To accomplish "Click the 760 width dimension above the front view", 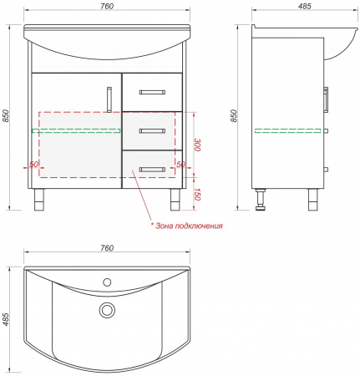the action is (107, 6).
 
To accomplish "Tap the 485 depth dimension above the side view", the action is (305, 6).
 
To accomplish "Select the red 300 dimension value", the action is (197, 145).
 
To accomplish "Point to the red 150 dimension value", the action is (197, 194).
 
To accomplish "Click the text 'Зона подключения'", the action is (189, 226).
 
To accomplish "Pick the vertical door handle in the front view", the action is (109, 99).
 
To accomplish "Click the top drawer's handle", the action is (152, 92).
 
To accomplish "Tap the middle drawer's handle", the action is (152, 131).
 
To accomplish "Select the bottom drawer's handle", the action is (152, 170).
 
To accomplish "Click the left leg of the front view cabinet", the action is (39, 200).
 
